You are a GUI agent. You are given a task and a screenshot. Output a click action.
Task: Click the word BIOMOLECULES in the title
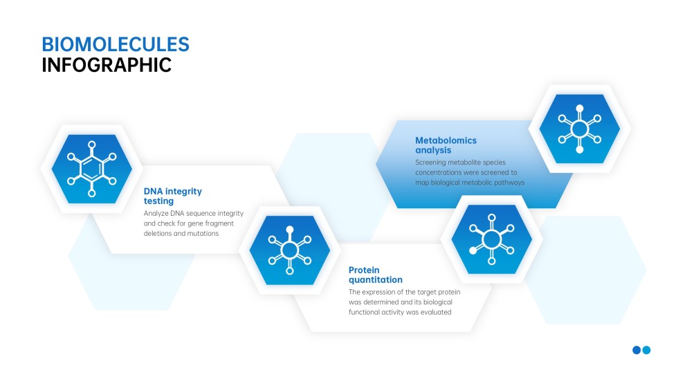click(x=115, y=44)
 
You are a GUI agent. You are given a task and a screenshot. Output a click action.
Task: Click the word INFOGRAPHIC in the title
click(x=107, y=65)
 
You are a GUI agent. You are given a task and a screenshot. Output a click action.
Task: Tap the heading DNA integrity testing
click(x=172, y=196)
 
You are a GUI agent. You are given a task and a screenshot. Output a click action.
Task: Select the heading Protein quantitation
click(x=375, y=275)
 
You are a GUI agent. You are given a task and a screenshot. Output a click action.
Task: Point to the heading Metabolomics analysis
click(x=446, y=145)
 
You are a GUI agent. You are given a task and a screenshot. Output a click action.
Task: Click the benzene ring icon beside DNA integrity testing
click(x=91, y=169)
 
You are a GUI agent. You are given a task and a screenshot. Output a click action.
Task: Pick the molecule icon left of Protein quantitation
click(x=290, y=250)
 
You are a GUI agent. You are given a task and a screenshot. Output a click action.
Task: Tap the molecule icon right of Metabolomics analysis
click(x=580, y=129)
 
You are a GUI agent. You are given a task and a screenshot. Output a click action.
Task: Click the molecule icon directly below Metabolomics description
click(x=491, y=239)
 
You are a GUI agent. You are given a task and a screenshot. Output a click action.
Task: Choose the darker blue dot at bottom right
click(x=636, y=350)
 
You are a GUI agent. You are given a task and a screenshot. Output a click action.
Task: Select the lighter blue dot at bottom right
click(x=647, y=350)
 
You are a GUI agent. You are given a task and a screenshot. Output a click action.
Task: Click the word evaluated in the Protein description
click(x=433, y=312)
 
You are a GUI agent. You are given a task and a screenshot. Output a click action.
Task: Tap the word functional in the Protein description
click(x=367, y=312)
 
